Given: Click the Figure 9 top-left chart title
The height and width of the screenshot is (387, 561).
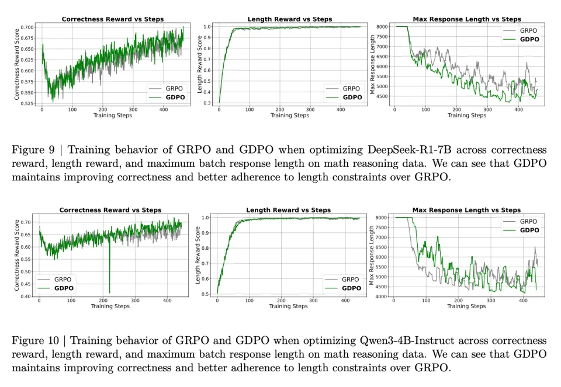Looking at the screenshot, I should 113,19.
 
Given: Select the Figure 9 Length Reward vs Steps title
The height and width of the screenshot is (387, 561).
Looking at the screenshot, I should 290,19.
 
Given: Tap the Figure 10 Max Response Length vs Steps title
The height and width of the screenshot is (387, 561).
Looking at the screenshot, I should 466,210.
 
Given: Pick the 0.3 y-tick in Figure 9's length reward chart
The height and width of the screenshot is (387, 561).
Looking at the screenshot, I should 207,103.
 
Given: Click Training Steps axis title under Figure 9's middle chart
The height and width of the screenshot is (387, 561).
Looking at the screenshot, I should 290,116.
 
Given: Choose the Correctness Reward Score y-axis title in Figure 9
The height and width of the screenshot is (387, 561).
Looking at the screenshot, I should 17,65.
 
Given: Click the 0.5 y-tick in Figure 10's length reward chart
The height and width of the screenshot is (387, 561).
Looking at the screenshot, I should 206,294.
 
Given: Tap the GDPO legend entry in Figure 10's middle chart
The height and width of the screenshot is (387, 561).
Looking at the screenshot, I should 351,288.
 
